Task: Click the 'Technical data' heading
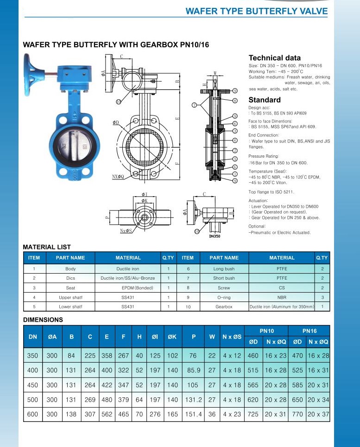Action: click(274, 58)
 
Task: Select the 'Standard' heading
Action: click(264, 100)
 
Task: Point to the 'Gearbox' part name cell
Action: click(224, 307)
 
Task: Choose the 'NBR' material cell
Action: click(282, 297)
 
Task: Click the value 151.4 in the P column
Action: click(194, 414)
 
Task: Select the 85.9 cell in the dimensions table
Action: click(194, 370)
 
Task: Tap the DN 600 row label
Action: click(33, 414)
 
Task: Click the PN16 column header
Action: click(309, 331)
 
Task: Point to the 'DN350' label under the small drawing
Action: click(215, 236)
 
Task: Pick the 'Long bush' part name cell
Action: click(224, 268)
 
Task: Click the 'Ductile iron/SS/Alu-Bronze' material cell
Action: click(128, 278)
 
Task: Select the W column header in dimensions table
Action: click(212, 337)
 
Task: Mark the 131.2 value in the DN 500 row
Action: click(194, 400)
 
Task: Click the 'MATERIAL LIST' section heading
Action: click(47, 247)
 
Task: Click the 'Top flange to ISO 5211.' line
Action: click(271, 192)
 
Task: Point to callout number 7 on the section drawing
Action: click(195, 104)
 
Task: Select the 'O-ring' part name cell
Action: click(224, 297)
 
